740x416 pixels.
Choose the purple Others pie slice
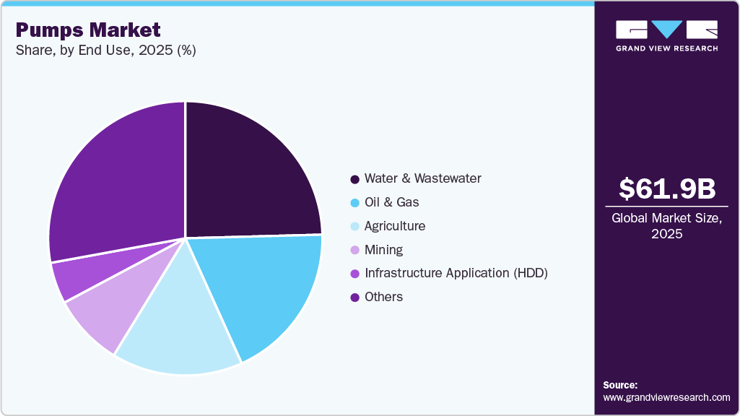116,181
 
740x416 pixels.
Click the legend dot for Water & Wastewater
354,178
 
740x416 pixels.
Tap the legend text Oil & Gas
391,202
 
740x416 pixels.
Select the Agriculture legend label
394,226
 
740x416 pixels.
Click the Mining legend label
383,250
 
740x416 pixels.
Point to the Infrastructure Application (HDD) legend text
456,273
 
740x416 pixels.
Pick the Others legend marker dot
354,297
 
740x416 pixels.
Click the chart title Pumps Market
88,30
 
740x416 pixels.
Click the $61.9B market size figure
666,188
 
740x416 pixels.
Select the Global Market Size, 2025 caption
666,225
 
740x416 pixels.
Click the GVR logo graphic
666,30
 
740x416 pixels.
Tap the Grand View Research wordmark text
666,48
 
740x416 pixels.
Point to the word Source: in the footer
620,385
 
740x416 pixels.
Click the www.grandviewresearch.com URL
666,397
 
